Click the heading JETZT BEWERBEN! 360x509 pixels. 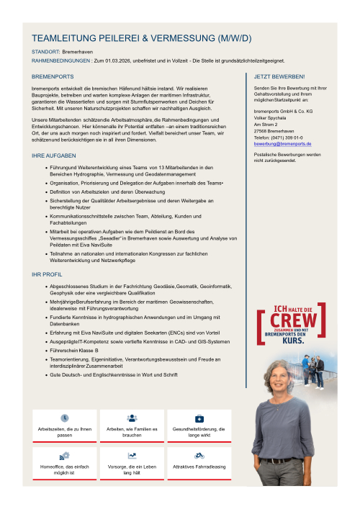pos(279,76)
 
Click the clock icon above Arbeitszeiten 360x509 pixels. pos(65,418)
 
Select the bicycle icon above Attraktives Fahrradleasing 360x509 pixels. pos(199,456)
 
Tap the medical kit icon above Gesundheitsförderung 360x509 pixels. pos(199,418)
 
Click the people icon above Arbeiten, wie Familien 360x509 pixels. pos(132,418)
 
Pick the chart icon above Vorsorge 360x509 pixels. pos(132,456)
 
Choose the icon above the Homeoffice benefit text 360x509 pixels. pos(65,456)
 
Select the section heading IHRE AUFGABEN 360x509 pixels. pos(53,156)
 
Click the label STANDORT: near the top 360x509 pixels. pos(45,53)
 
